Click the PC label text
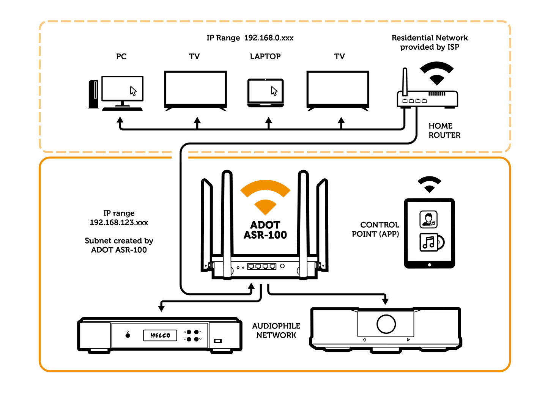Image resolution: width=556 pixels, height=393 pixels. [121, 56]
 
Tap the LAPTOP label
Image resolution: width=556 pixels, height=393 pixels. [265, 56]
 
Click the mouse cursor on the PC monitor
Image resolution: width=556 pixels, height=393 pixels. [133, 91]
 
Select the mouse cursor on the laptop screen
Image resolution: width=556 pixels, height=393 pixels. [274, 91]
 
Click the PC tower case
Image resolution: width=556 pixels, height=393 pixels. [94, 94]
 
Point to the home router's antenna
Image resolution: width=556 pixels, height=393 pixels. [405, 82]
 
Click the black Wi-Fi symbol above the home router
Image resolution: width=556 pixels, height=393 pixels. [437, 73]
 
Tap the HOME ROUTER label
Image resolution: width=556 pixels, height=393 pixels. [444, 130]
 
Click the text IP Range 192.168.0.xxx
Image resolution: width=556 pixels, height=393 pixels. [250, 38]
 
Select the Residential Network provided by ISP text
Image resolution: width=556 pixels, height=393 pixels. [430, 42]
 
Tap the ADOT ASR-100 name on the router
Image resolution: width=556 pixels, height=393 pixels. [265, 230]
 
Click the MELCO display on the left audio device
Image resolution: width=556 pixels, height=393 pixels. [160, 335]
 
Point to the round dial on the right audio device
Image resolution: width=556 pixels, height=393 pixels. [386, 324]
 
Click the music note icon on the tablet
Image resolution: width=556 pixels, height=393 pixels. [432, 242]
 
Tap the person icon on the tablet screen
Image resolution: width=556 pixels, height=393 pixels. [428, 219]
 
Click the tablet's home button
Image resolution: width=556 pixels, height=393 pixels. [430, 265]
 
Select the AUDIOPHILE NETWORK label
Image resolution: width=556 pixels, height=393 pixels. [276, 331]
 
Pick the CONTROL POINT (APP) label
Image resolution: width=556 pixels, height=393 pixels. [376, 229]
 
